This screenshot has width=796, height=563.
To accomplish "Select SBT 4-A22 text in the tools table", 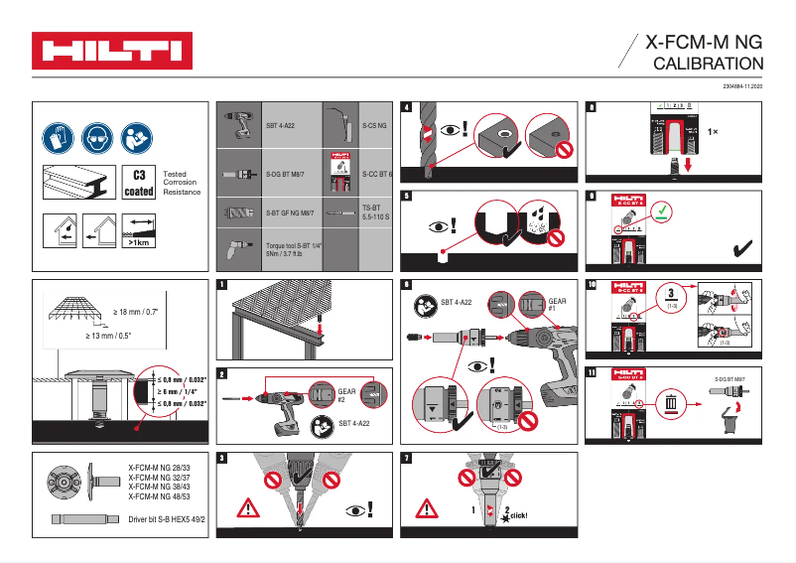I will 281,126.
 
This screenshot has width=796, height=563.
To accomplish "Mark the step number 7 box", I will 408,458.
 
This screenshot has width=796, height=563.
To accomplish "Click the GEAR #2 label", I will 346,396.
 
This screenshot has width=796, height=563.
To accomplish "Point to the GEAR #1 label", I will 557,304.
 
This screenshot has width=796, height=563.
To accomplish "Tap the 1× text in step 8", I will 713,131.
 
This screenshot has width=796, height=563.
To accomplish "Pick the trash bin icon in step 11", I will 672,403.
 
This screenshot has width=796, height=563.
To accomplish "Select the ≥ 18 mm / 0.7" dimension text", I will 136,312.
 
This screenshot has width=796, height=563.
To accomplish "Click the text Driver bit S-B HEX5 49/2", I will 166,519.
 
